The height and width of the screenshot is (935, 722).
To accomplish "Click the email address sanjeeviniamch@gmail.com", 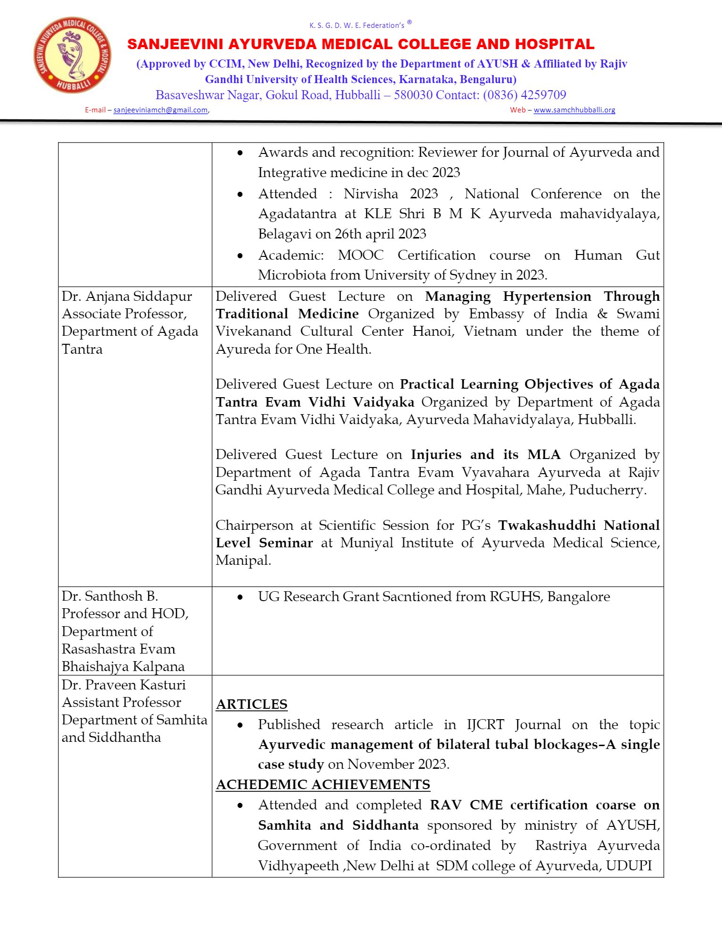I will coord(160,110).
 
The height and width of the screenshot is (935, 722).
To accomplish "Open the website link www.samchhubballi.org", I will coord(574,110).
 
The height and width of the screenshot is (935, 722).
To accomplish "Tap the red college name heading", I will coord(361,44).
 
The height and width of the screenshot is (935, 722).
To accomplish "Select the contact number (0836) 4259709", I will coord(524,95).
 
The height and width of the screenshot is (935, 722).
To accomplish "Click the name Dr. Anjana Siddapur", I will coord(126,297).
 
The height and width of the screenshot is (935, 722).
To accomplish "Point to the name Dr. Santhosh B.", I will coord(110,596).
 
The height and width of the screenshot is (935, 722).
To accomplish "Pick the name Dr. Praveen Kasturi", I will coord(124,685).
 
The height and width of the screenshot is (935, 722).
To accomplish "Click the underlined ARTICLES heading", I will coord(252,704).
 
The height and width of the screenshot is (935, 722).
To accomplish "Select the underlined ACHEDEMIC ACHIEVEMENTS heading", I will coord(323,784).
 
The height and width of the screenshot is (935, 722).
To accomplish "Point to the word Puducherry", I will coord(607,490).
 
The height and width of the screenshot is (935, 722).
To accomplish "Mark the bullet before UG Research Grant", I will coord(240,597).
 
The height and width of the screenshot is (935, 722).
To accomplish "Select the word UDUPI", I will coord(629,866).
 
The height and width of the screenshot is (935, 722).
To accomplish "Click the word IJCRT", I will coord(486,724).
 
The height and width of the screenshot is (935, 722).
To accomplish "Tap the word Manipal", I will coord(243,561).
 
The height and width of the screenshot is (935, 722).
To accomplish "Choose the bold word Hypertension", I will coord(547,297).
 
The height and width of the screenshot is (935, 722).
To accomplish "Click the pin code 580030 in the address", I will coord(413,95).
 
